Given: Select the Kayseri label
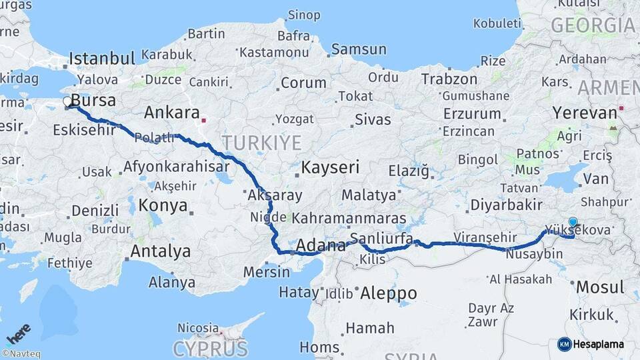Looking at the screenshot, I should (x=330, y=167).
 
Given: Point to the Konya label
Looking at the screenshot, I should (x=163, y=205).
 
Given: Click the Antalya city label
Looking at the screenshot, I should (x=160, y=251).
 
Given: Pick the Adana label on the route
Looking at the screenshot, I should (x=320, y=245).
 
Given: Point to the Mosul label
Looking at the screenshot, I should (x=600, y=287).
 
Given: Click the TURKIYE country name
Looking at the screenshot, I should (x=261, y=142).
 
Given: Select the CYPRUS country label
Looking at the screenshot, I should (x=210, y=349).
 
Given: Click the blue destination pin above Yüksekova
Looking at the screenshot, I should (x=573, y=223).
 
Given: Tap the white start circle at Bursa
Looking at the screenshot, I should (x=67, y=102).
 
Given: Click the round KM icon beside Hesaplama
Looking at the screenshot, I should (x=564, y=344).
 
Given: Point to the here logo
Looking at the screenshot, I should (x=19, y=333).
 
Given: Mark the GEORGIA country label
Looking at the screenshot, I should (x=593, y=25).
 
